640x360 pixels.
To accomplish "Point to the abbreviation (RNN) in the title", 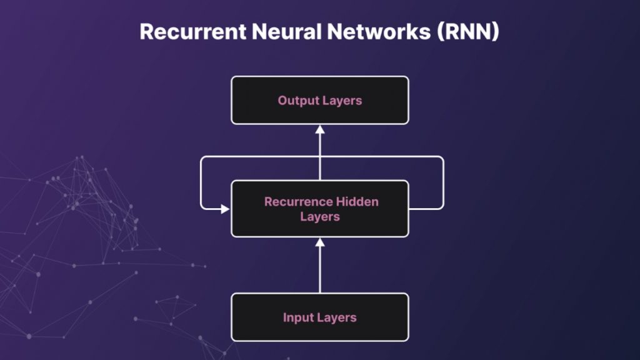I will [x=466, y=31].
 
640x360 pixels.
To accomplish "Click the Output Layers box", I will [x=320, y=100].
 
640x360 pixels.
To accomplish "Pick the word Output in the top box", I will [x=297, y=100].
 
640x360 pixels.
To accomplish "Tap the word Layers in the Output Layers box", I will [x=342, y=100].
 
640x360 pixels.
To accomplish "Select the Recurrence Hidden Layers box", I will [x=320, y=209].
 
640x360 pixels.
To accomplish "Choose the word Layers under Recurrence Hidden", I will [x=320, y=217].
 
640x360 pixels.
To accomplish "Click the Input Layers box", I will [x=320, y=317].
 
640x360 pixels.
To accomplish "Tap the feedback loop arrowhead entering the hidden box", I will [x=226, y=209].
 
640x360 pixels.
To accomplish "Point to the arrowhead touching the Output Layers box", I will [x=320, y=129].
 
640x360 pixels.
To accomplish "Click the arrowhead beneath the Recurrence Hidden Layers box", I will [x=320, y=242].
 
